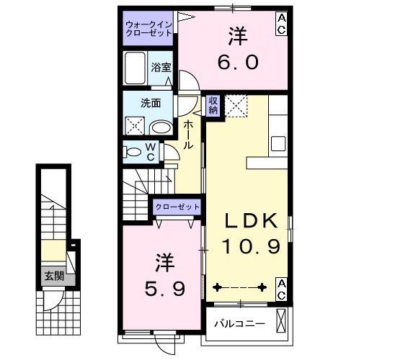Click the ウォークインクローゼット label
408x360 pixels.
pos(148,27)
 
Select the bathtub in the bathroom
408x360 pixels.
pos(136,69)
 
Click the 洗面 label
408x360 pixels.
pos(151,102)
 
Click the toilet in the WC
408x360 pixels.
pos(133,153)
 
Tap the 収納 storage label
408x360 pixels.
pos(214,106)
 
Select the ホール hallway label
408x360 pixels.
pos(188,135)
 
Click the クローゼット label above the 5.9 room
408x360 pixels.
pos(177,207)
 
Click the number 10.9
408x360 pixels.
pos(249,248)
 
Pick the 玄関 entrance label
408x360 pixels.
pos(53,274)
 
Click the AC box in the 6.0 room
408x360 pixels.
pos(281,22)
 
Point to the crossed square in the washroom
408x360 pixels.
pos(135,127)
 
